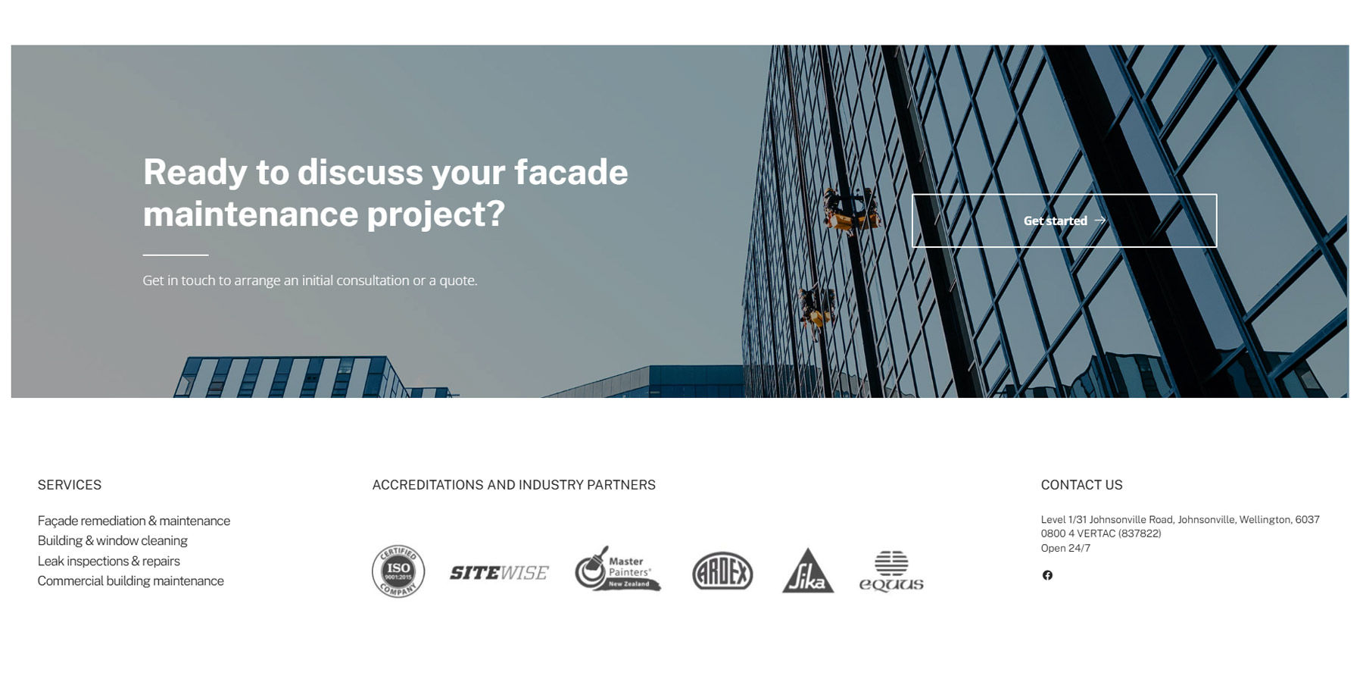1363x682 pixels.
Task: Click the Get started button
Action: click(1064, 221)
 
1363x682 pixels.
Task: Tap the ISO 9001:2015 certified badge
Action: click(398, 571)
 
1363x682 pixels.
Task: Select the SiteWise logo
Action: click(499, 573)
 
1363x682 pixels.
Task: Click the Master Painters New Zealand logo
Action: click(618, 569)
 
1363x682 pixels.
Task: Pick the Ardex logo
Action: click(722, 571)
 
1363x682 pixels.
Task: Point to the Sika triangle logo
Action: click(808, 571)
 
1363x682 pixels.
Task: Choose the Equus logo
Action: click(891, 571)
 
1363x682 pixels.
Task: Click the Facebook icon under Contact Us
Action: click(1047, 575)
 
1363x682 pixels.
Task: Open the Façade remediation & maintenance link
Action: click(134, 521)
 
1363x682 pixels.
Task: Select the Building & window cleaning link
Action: click(113, 540)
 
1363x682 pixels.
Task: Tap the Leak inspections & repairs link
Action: click(109, 561)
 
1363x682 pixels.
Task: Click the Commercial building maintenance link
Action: click(131, 580)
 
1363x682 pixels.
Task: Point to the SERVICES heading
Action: click(70, 485)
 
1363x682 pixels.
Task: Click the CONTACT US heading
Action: click(1081, 485)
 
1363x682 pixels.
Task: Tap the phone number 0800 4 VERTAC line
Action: click(1101, 533)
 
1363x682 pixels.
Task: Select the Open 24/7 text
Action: click(1065, 548)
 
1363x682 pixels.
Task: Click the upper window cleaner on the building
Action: click(851, 211)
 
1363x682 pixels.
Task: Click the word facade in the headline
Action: click(571, 172)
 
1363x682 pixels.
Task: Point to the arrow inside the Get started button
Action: click(1100, 221)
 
